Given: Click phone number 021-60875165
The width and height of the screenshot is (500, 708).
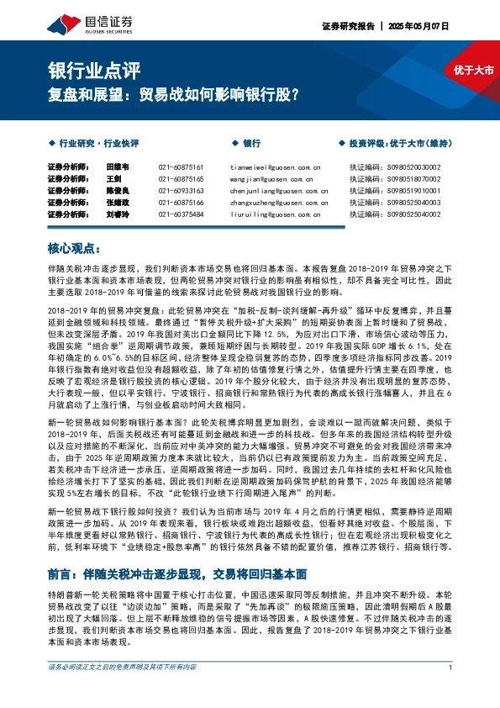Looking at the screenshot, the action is [x=181, y=180].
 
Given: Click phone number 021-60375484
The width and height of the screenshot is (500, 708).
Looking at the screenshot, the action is [x=181, y=215].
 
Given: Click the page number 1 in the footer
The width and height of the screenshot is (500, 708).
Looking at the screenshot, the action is [x=451, y=691].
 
